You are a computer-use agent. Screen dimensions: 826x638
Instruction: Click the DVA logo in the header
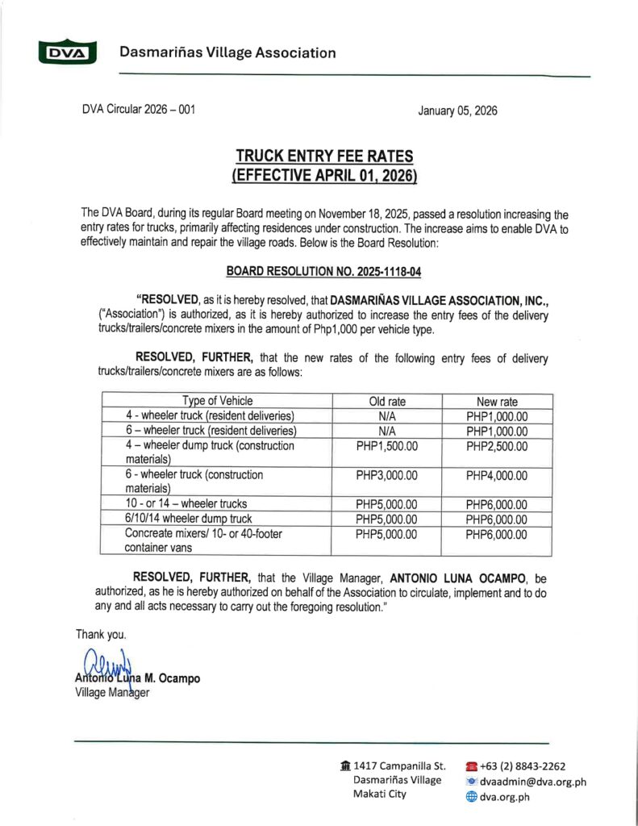point(66,53)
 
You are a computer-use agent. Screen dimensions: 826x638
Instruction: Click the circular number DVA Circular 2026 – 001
point(138,110)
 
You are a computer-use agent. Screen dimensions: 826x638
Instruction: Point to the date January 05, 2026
point(457,111)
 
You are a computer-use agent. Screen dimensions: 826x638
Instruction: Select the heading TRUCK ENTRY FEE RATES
point(323,156)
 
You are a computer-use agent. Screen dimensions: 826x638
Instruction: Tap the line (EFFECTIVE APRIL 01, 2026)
point(323,174)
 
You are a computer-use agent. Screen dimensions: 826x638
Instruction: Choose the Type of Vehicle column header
point(217,401)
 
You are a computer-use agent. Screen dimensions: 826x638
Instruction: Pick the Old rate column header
point(386,401)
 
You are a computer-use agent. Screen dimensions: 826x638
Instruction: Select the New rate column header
point(497,401)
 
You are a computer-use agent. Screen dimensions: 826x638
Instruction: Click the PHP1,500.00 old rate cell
point(386,445)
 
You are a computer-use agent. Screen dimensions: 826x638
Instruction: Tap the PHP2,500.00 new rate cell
point(497,445)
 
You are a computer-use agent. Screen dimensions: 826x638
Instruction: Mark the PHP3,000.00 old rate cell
point(386,475)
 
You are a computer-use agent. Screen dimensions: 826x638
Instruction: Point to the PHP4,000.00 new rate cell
point(497,475)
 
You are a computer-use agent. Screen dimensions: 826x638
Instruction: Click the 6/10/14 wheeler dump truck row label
point(188,519)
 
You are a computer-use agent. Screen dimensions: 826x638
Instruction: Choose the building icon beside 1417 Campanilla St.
point(345,766)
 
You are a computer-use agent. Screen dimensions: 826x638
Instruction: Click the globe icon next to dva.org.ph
point(472,796)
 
